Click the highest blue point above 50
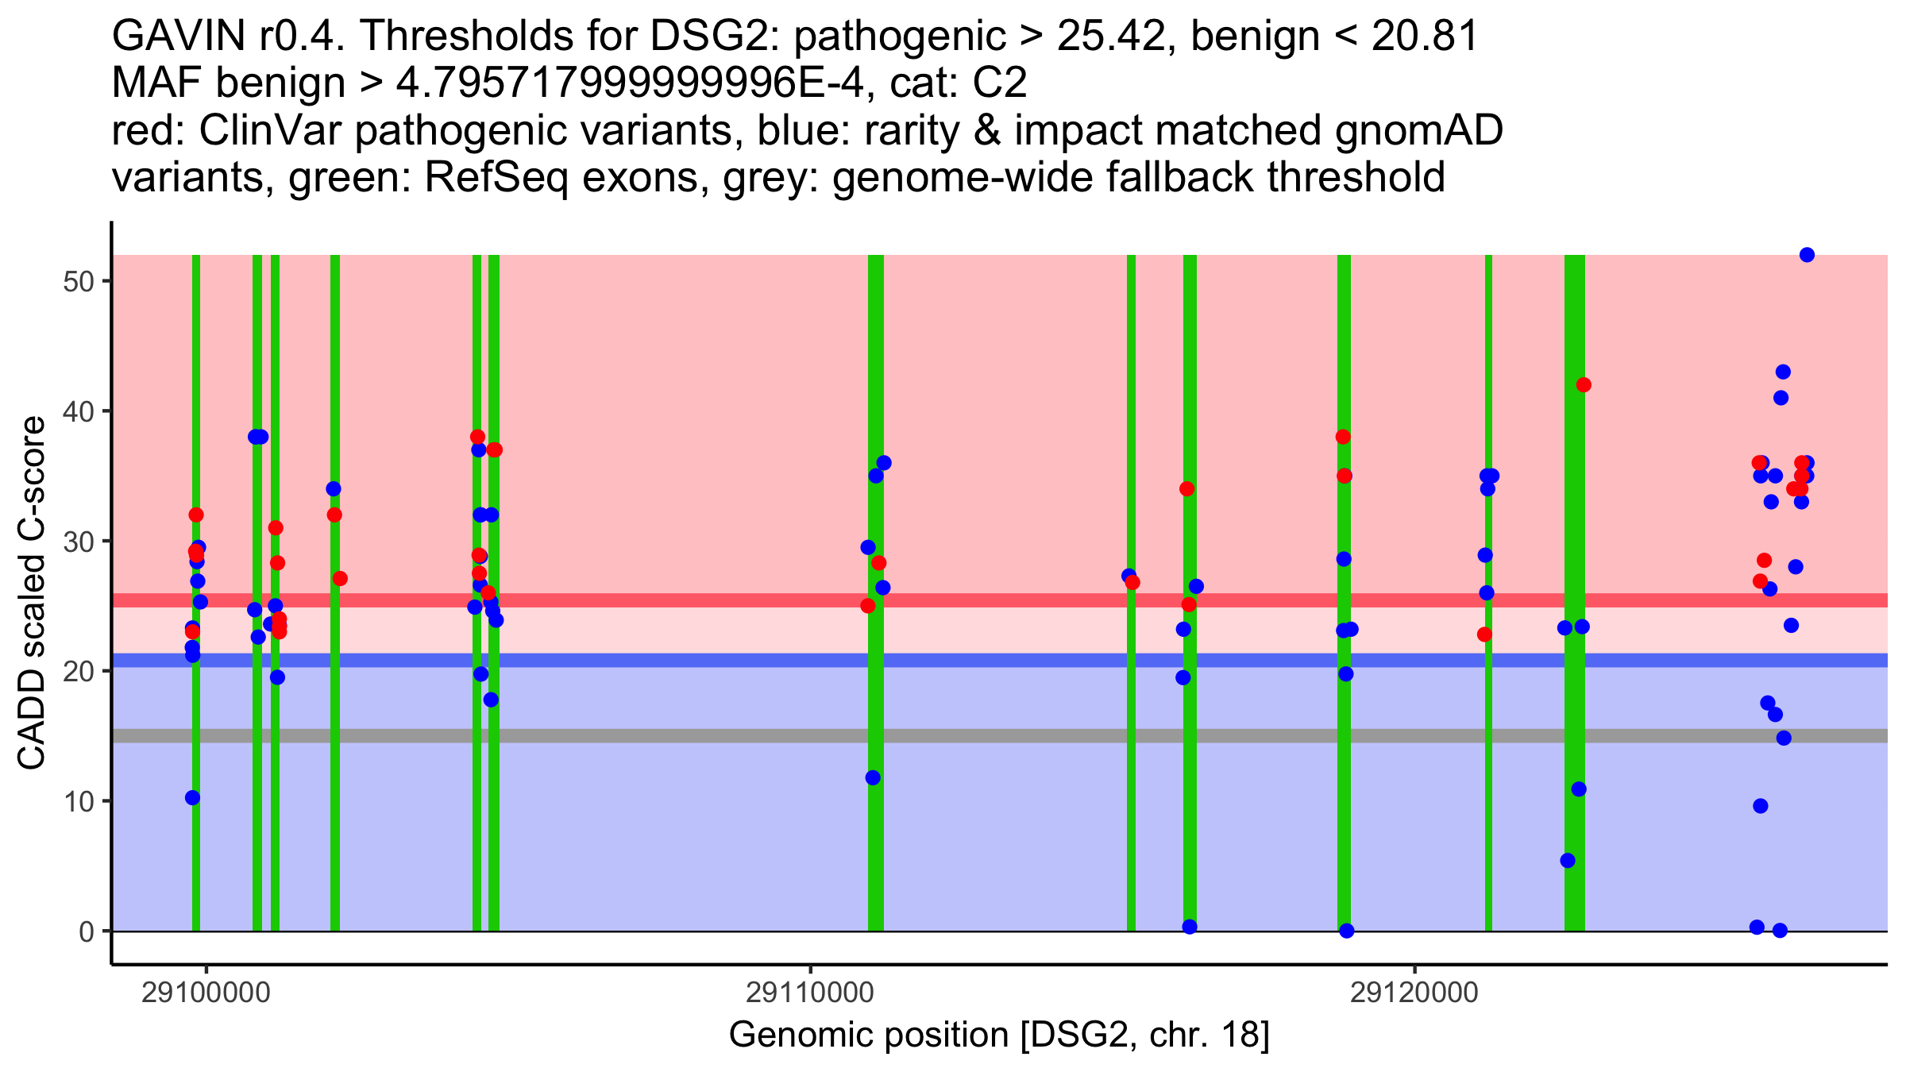point(1807,255)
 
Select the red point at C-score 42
point(1584,385)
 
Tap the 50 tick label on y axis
point(78,282)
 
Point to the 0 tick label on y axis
point(87,931)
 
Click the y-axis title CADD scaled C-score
point(32,593)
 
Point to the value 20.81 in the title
point(1425,37)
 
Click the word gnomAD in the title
point(1418,131)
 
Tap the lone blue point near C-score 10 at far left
point(192,798)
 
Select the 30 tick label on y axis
point(78,542)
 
